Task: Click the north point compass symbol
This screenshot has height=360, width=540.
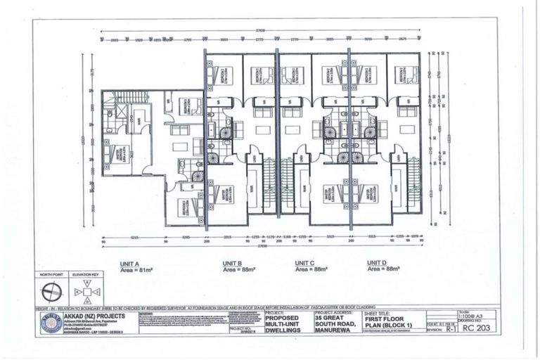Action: click(x=53, y=291)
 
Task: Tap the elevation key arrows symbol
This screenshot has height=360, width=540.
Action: click(x=86, y=291)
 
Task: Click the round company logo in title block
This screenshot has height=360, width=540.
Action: click(x=51, y=326)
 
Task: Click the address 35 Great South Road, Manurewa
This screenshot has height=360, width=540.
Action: click(x=333, y=325)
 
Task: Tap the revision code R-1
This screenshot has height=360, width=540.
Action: click(x=446, y=328)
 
